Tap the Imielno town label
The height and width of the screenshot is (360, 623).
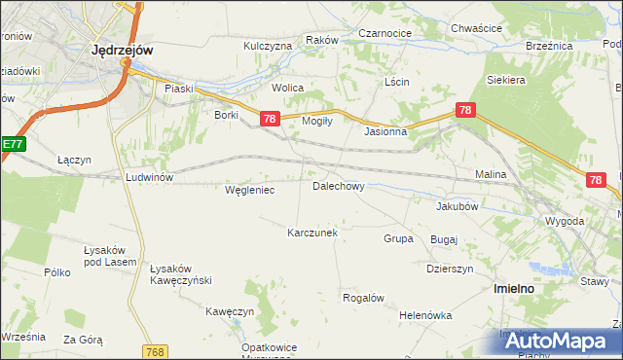[512, 289]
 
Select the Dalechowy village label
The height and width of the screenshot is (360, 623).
[338, 185]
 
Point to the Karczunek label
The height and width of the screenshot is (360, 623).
[311, 234]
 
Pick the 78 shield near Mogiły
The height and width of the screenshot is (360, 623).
[271, 119]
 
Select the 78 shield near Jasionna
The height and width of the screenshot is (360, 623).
[465, 111]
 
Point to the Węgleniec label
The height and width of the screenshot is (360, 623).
[249, 191]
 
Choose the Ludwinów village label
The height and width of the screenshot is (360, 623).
[149, 177]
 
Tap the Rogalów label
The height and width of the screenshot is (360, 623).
[364, 298]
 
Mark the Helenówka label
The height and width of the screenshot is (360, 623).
[425, 315]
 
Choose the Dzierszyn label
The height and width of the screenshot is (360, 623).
[450, 269]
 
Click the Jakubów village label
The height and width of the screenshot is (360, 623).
[457, 206]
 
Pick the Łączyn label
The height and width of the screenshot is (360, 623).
[74, 160]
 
